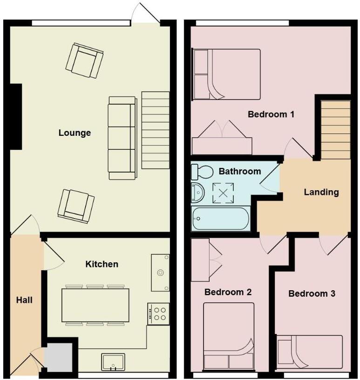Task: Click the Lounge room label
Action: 75,133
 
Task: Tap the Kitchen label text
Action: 102,264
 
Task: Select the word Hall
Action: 24,300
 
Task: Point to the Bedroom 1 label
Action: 271,114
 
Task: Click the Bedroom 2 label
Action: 228,292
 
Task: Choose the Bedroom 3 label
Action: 312,293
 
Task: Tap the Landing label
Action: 321,192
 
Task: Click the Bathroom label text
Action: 240,171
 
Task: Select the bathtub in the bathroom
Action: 221,219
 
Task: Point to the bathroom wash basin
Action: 197,193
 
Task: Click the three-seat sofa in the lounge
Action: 122,138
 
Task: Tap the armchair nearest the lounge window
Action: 84,60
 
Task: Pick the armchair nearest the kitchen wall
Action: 76,205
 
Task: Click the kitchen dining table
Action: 95,305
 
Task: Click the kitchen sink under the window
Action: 113,362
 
